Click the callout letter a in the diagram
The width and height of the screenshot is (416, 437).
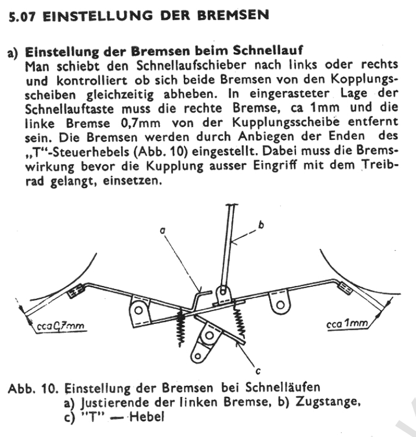tap(163, 231)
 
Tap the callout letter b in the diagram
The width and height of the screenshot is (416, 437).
tap(261, 224)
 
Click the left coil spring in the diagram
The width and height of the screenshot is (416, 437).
tap(181, 326)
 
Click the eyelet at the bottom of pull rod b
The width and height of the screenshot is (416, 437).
tap(223, 292)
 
